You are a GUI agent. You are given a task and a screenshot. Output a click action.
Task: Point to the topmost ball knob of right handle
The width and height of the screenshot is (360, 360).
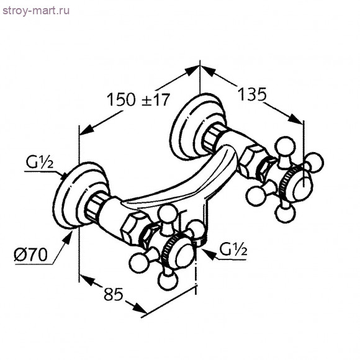(289, 147)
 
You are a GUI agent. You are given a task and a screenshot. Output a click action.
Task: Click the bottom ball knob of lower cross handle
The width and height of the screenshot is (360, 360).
(168, 283)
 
